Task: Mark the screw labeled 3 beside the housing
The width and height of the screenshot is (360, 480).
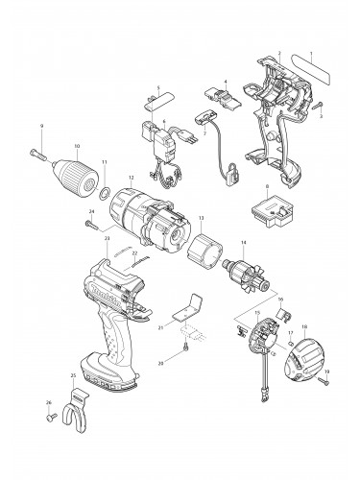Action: [320, 106]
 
